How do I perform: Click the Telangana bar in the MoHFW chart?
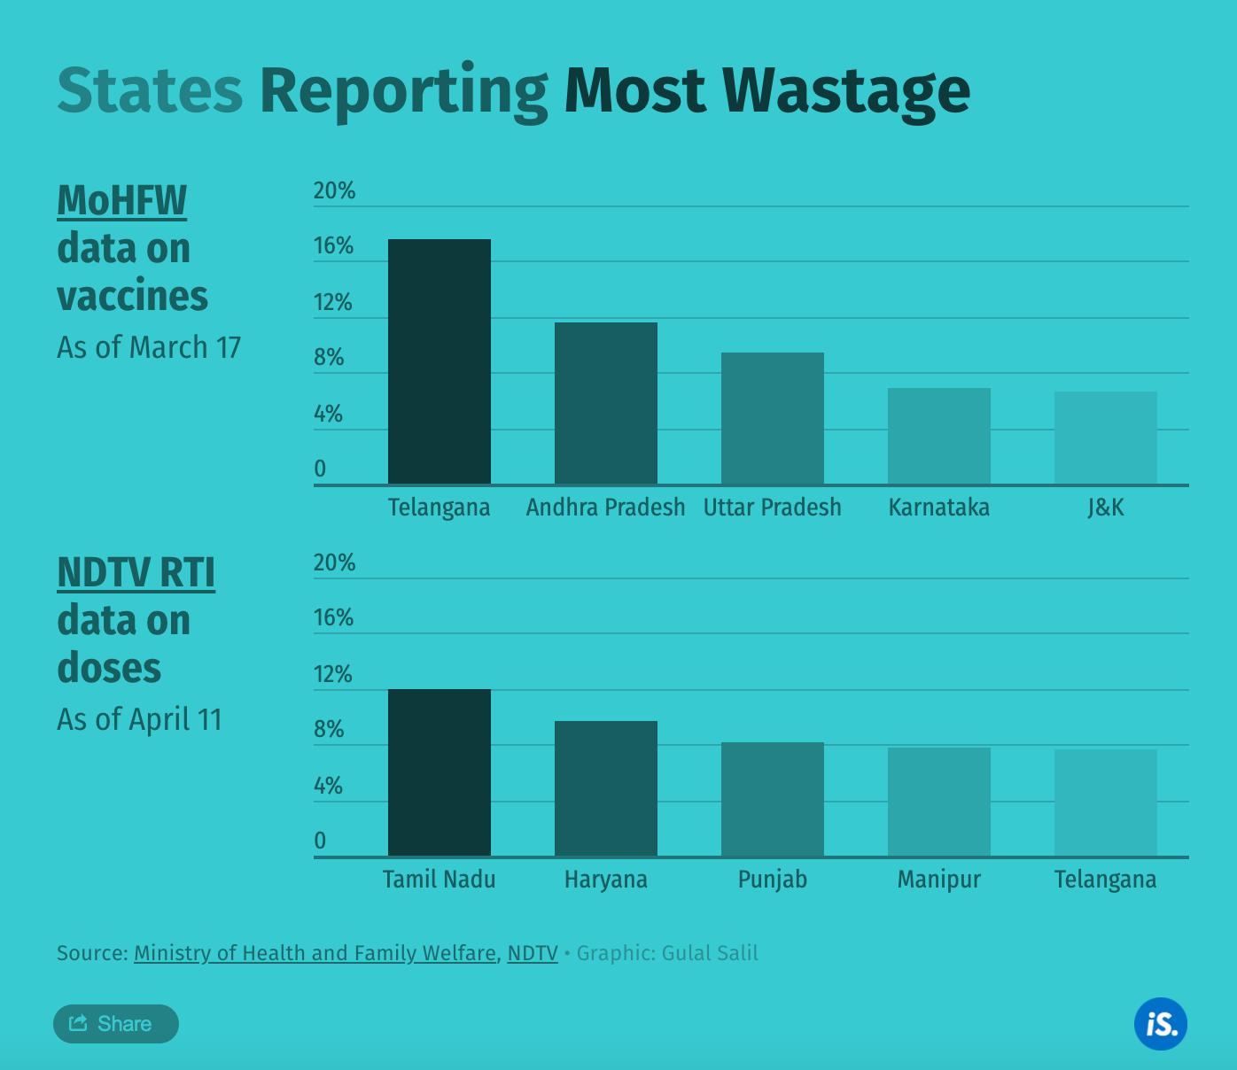440,361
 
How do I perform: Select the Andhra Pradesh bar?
606,403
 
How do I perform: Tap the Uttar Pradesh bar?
773,418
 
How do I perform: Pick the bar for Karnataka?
939,436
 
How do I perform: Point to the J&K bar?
1106,438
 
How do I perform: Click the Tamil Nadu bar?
440,772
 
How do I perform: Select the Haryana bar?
606,788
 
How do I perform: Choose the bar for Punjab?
773,799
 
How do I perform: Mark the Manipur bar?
939,802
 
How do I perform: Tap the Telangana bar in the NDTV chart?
1106,802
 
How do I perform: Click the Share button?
115,1024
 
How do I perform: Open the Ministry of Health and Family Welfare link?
315,953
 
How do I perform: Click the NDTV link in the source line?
533,953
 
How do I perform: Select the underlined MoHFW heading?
122,200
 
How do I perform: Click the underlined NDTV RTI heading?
136,572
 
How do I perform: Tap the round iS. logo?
1161,1024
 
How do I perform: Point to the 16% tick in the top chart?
333,245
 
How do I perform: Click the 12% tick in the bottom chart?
333,674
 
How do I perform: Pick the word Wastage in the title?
846,90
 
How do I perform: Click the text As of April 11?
140,719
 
